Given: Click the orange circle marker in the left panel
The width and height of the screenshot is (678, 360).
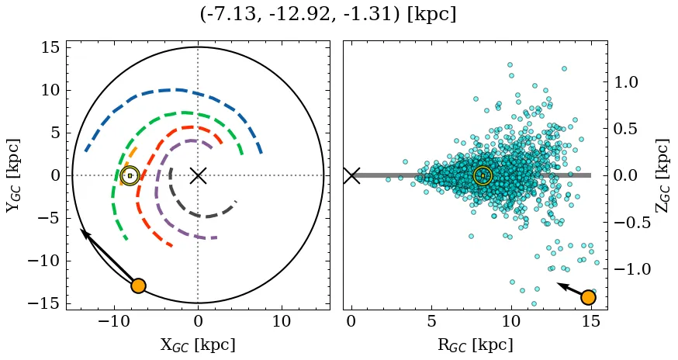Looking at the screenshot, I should pos(138,286).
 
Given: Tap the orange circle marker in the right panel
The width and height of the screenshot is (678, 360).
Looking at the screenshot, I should pos(588,297).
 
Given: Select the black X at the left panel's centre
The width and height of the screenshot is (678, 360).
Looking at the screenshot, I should pos(198,175).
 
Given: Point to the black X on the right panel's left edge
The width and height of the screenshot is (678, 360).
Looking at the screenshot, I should pos(351,175).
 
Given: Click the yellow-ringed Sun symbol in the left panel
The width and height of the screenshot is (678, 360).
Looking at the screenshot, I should pos(130,175).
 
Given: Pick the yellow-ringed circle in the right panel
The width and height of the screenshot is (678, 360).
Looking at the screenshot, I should pos(483,176).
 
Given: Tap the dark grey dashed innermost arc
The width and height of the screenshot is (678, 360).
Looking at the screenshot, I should pos(200,215).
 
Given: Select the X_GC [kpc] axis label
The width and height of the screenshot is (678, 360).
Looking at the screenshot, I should pos(198,344).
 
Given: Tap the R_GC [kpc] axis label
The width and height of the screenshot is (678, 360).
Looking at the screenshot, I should pos(475,344).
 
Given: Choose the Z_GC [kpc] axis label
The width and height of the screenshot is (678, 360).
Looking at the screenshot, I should pos(662,175).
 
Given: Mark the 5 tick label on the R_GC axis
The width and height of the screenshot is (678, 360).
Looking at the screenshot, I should pos(431,321).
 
